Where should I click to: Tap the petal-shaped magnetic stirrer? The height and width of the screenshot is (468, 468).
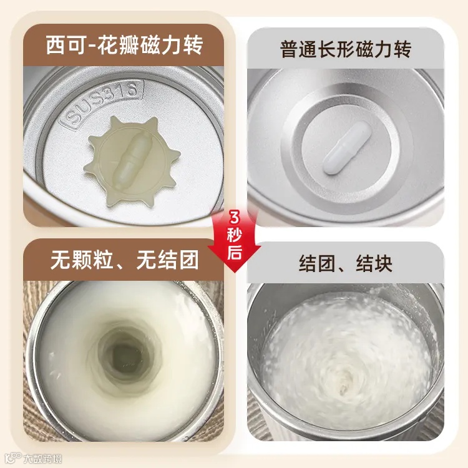(132, 160)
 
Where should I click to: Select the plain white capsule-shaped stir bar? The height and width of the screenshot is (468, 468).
(347, 148)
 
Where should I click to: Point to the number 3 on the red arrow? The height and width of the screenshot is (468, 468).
(235, 218)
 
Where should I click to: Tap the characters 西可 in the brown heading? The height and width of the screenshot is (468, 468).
(66, 45)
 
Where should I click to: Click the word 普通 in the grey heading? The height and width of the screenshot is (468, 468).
(300, 49)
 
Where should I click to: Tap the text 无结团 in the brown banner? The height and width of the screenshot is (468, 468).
(167, 260)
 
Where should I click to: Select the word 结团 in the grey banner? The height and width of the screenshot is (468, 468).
(316, 263)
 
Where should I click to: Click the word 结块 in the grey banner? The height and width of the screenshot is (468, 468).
(374, 263)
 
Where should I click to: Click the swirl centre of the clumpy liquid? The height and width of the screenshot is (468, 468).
(343, 385)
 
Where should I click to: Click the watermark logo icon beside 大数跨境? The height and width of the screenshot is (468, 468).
(14, 458)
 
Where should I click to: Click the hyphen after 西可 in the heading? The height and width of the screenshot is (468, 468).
(91, 46)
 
